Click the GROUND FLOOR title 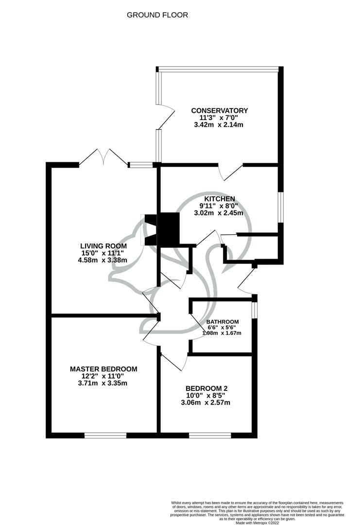click(x=157, y=15)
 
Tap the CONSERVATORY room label click(x=220, y=110)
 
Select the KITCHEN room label click(x=220, y=199)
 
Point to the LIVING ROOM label click(x=103, y=246)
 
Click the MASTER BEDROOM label click(x=103, y=369)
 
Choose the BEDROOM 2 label click(x=206, y=388)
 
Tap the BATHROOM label click(x=223, y=322)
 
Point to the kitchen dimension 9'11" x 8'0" click(x=220, y=206)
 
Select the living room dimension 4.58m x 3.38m click(x=103, y=260)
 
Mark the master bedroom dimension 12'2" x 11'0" click(x=103, y=376)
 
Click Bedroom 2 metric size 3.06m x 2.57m click(x=206, y=402)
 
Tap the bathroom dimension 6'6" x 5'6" click(x=223, y=328)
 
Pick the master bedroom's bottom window click(x=105, y=435)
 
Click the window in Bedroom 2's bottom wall click(x=210, y=435)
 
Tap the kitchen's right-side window click(x=281, y=207)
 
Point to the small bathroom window click(x=254, y=310)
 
